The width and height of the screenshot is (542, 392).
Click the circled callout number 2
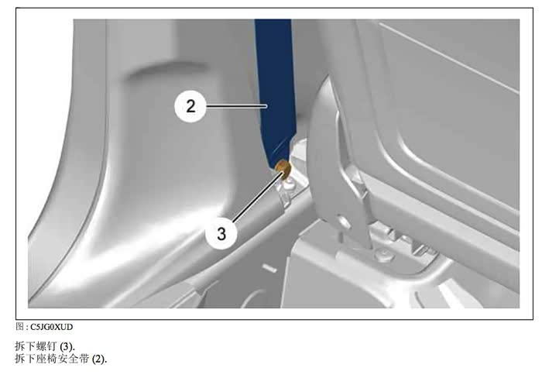click(x=190, y=106)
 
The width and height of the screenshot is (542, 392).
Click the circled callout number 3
click(x=221, y=233)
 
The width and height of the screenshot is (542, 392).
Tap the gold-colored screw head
click(x=283, y=167)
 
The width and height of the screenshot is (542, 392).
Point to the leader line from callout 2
click(x=237, y=106)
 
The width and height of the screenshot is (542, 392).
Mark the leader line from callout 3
click(x=258, y=197)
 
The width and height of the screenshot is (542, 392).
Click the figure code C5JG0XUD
click(x=52, y=327)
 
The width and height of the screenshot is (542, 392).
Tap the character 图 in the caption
click(x=19, y=327)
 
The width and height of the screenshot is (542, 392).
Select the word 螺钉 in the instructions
click(x=47, y=346)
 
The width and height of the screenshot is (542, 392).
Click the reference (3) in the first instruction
click(x=67, y=346)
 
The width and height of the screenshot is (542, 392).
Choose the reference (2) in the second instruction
click(x=99, y=359)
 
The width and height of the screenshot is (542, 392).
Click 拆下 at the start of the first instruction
click(x=26, y=346)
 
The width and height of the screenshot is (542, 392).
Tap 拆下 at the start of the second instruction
click(x=26, y=359)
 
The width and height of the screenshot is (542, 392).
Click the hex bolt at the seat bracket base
click(x=384, y=255)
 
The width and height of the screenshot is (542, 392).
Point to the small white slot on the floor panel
click(x=269, y=267)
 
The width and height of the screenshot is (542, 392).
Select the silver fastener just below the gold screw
click(x=288, y=186)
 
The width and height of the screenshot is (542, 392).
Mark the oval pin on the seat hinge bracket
click(x=342, y=222)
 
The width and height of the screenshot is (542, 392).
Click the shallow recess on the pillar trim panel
click(x=166, y=70)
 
